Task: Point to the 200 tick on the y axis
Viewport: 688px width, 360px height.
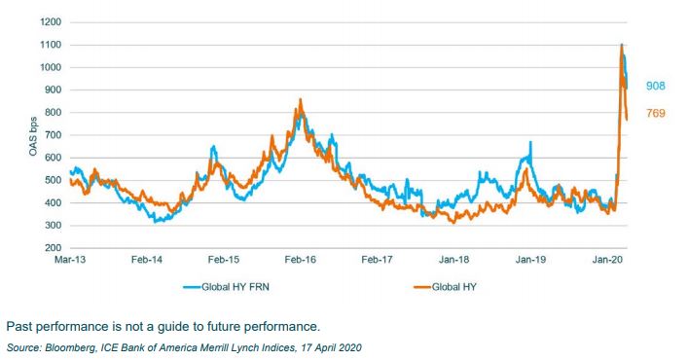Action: [49, 248]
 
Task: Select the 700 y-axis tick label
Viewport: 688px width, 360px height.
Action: [49, 134]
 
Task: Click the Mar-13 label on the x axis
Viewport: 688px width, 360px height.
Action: [69, 261]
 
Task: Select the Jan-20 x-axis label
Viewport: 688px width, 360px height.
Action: [608, 261]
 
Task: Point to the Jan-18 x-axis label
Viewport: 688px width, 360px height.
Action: [453, 261]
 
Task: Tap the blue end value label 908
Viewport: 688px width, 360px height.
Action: [656, 87]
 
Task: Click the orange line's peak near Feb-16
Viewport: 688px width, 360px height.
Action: [301, 99]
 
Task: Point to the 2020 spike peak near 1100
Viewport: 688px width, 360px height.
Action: [621, 45]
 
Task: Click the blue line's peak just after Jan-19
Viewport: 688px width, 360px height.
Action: [530, 143]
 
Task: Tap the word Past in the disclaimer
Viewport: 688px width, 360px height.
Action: [19, 326]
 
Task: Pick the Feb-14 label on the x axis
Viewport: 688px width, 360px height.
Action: [146, 261]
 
